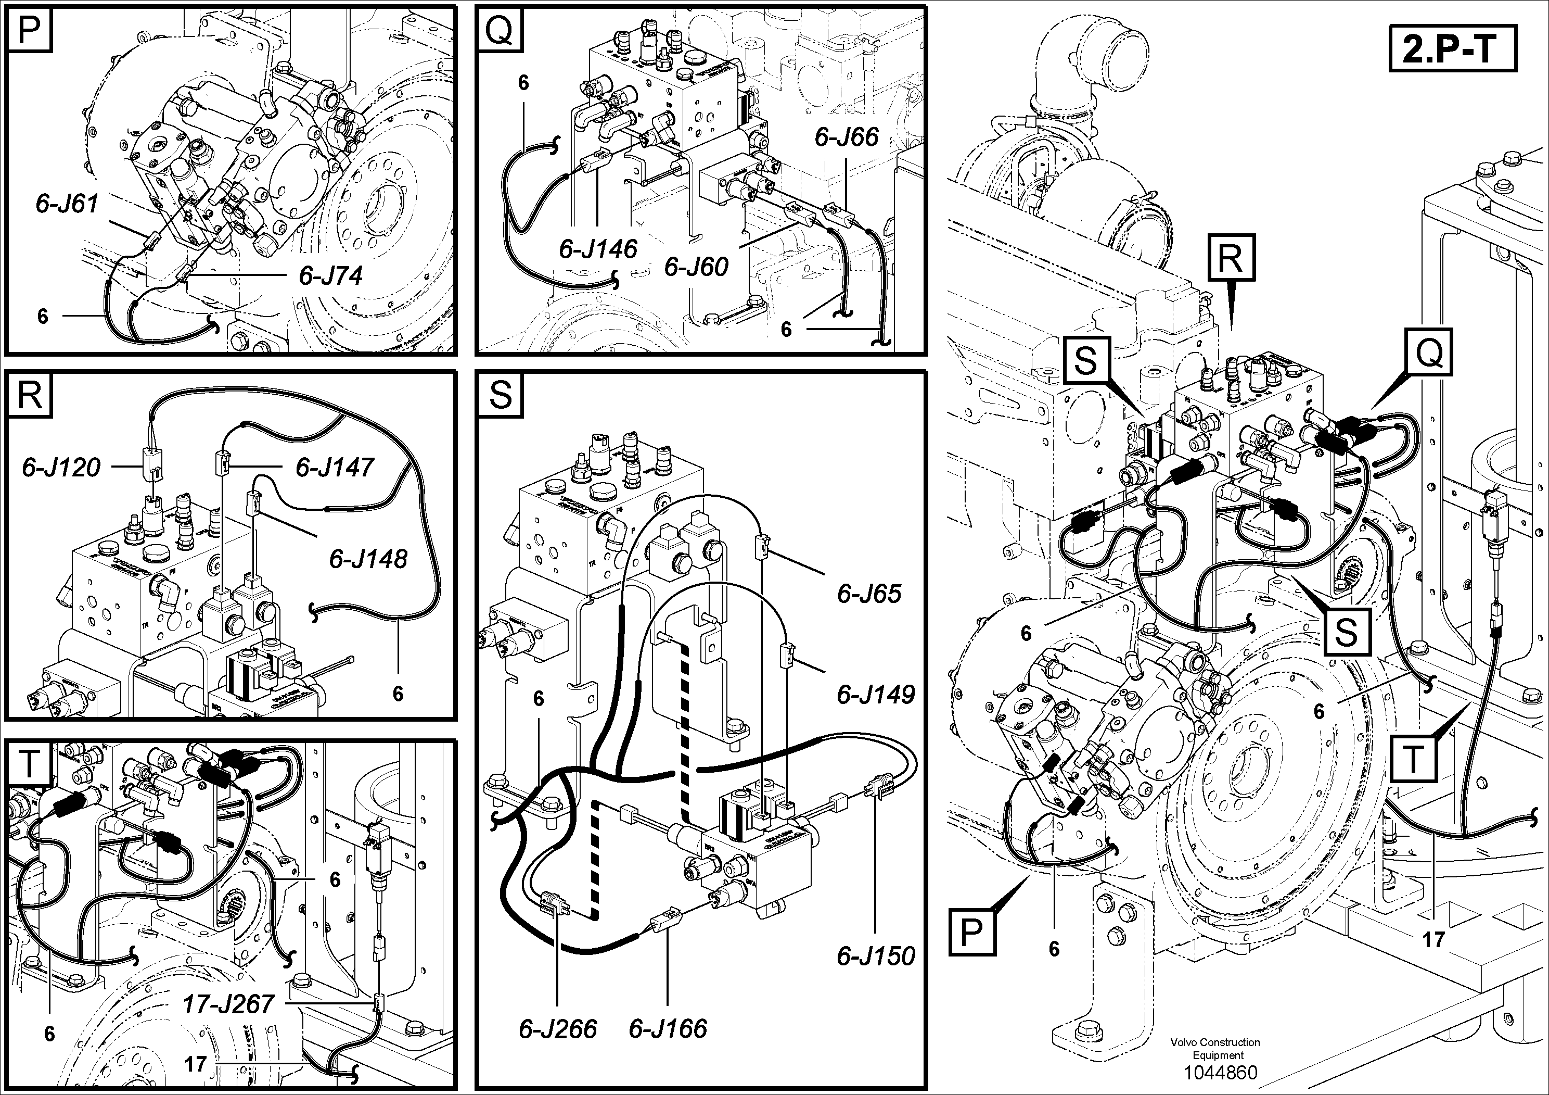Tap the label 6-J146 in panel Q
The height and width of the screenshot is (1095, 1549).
[598, 249]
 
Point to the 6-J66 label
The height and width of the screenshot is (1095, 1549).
[846, 137]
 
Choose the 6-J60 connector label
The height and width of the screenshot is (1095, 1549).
[696, 267]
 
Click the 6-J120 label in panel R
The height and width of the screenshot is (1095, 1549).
[61, 467]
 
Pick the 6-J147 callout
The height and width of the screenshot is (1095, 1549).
[335, 467]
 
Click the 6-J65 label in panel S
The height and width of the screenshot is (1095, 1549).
[869, 594]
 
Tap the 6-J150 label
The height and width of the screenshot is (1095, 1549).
[876, 955]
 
